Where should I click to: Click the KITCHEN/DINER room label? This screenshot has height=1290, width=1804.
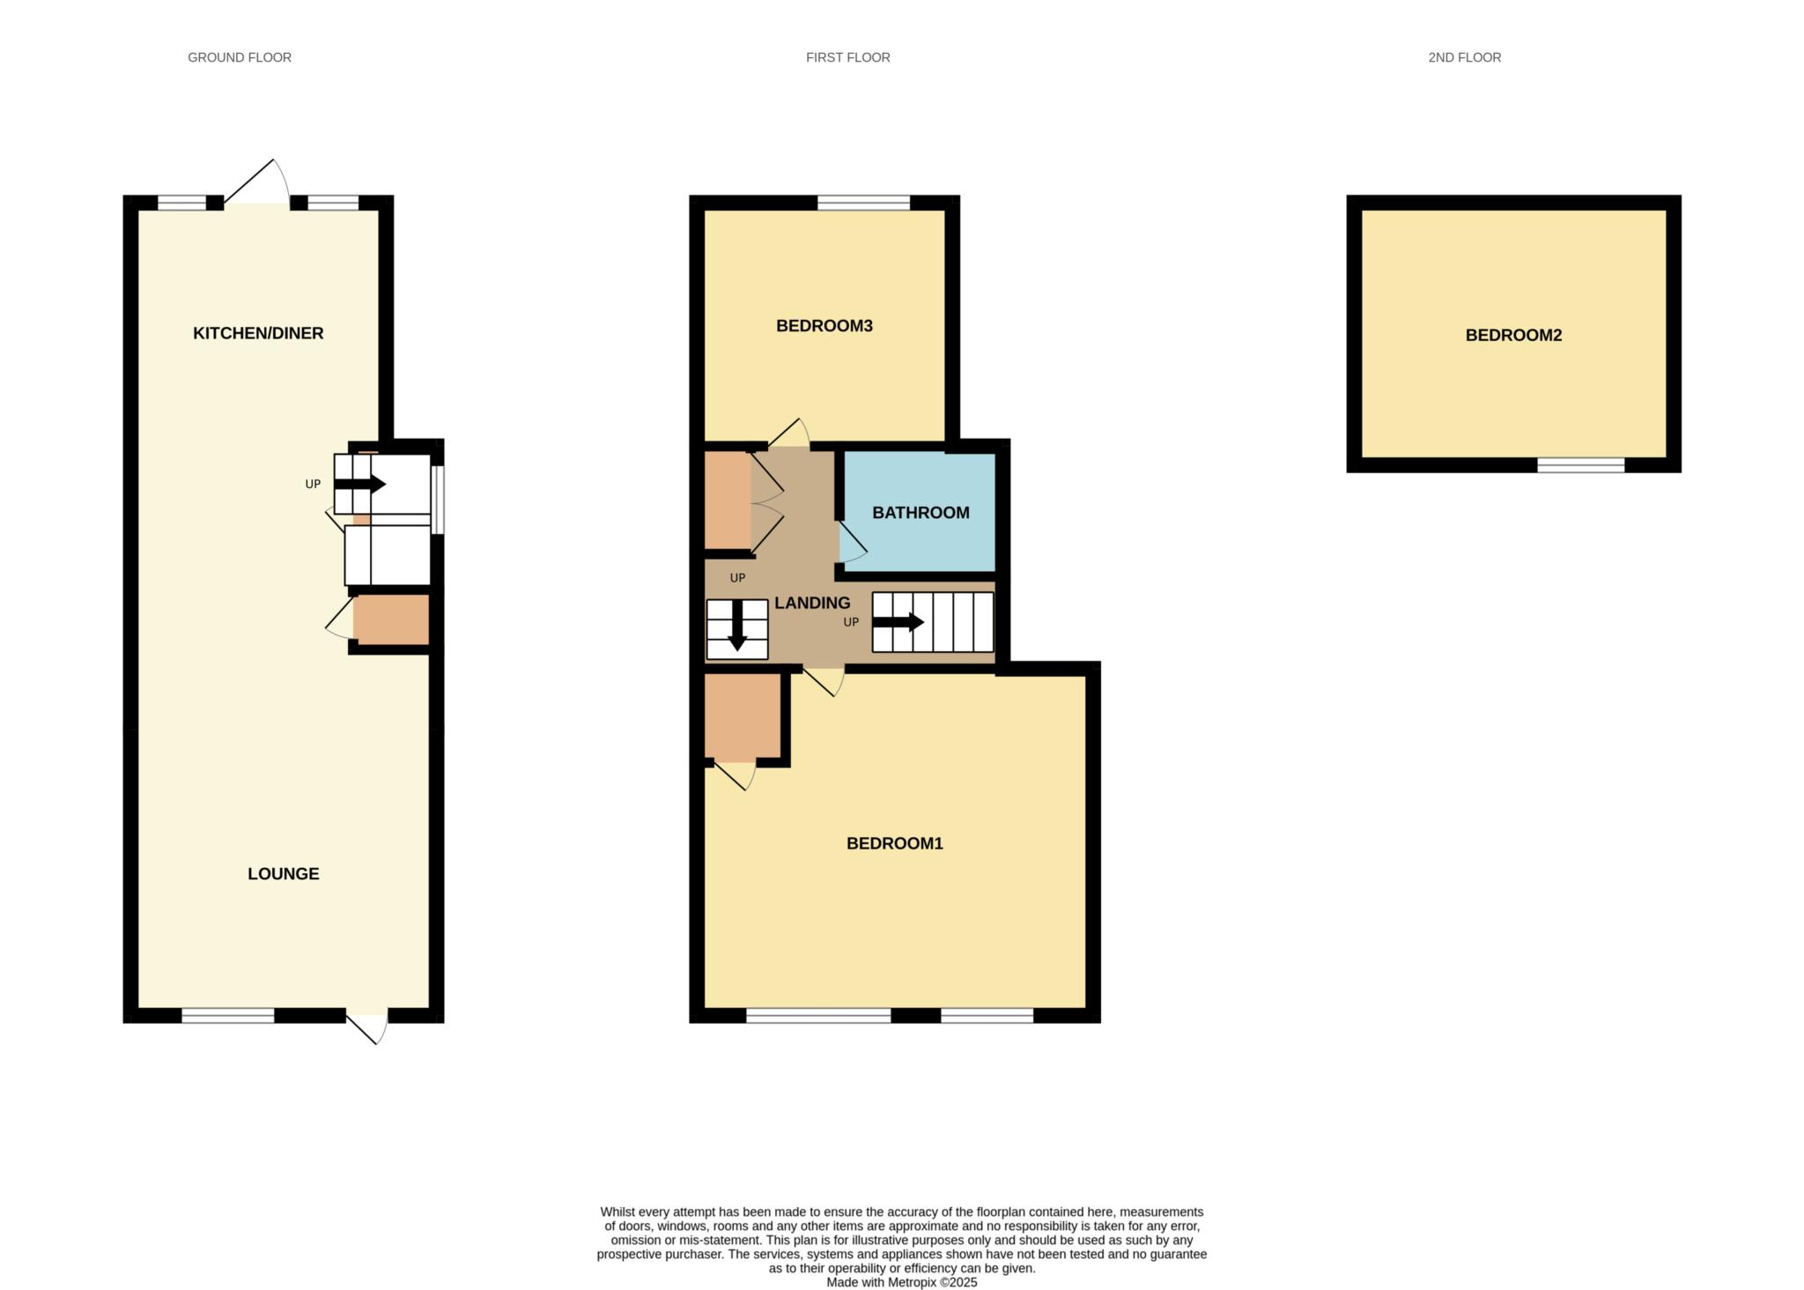coord(258,333)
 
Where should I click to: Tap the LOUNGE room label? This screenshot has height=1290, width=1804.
coord(283,873)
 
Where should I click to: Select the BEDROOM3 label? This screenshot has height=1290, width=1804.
coord(824,326)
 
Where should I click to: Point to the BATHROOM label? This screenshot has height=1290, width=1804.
coord(920,513)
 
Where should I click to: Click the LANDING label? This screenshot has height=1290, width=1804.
coord(812,603)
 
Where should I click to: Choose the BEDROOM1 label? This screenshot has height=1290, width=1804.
coord(894,843)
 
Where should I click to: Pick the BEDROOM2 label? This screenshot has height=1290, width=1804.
coord(1513,335)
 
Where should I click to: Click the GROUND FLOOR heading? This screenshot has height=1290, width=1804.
coord(240,57)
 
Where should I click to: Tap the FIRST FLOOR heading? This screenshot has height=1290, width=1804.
coord(847,57)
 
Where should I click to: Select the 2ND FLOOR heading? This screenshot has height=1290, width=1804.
coord(1464,57)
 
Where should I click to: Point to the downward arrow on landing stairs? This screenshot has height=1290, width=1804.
coord(737,625)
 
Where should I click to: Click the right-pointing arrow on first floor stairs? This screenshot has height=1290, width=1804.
coord(898,622)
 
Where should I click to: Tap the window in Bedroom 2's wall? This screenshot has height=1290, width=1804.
coord(1580,465)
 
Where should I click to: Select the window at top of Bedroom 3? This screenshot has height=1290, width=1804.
coord(863,203)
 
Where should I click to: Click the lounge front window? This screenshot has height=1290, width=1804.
coord(228,1016)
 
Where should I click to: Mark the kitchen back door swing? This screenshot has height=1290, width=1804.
coord(257,183)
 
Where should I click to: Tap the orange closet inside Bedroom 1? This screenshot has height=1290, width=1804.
coord(742,715)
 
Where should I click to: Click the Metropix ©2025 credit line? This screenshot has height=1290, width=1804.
coord(901,1282)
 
